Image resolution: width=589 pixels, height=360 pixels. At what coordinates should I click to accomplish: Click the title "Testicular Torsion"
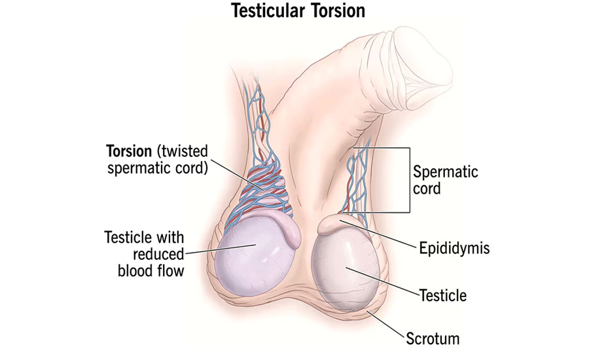click(298, 10)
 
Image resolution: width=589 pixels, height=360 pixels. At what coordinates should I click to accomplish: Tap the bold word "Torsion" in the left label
click(129, 151)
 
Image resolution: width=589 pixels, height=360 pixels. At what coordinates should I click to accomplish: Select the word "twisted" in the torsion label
click(182, 151)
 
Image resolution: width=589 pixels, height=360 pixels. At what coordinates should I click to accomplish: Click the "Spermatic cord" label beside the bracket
click(446, 180)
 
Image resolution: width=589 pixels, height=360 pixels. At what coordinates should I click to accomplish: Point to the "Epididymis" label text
click(455, 248)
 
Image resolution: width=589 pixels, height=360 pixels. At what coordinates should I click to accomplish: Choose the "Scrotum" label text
click(433, 338)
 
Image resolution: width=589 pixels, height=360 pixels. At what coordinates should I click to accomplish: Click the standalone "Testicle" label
click(443, 295)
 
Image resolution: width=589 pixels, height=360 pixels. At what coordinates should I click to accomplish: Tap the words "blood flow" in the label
click(151, 270)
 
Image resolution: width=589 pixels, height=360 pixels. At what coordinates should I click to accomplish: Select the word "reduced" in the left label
click(158, 255)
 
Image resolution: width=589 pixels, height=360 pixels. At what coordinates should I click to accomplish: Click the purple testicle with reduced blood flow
click(252, 259)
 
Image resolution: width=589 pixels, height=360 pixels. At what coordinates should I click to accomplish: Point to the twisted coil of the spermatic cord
click(267, 192)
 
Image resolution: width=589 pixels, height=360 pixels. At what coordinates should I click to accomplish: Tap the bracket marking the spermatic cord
click(409, 180)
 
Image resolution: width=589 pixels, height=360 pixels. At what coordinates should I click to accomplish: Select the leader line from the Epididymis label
click(379, 234)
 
